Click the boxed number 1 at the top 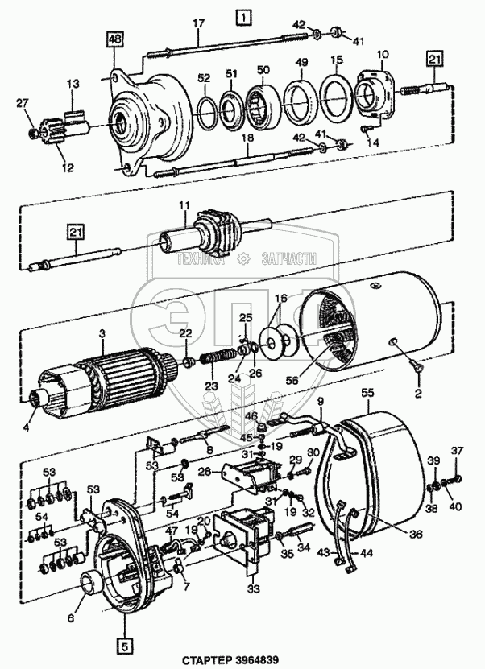click(x=244, y=17)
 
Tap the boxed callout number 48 click(x=114, y=40)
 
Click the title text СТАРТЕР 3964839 click(x=231, y=661)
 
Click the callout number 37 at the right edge click(x=457, y=450)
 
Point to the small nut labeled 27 click(x=33, y=134)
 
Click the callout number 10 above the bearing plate click(x=383, y=55)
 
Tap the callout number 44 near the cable click(x=367, y=553)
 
